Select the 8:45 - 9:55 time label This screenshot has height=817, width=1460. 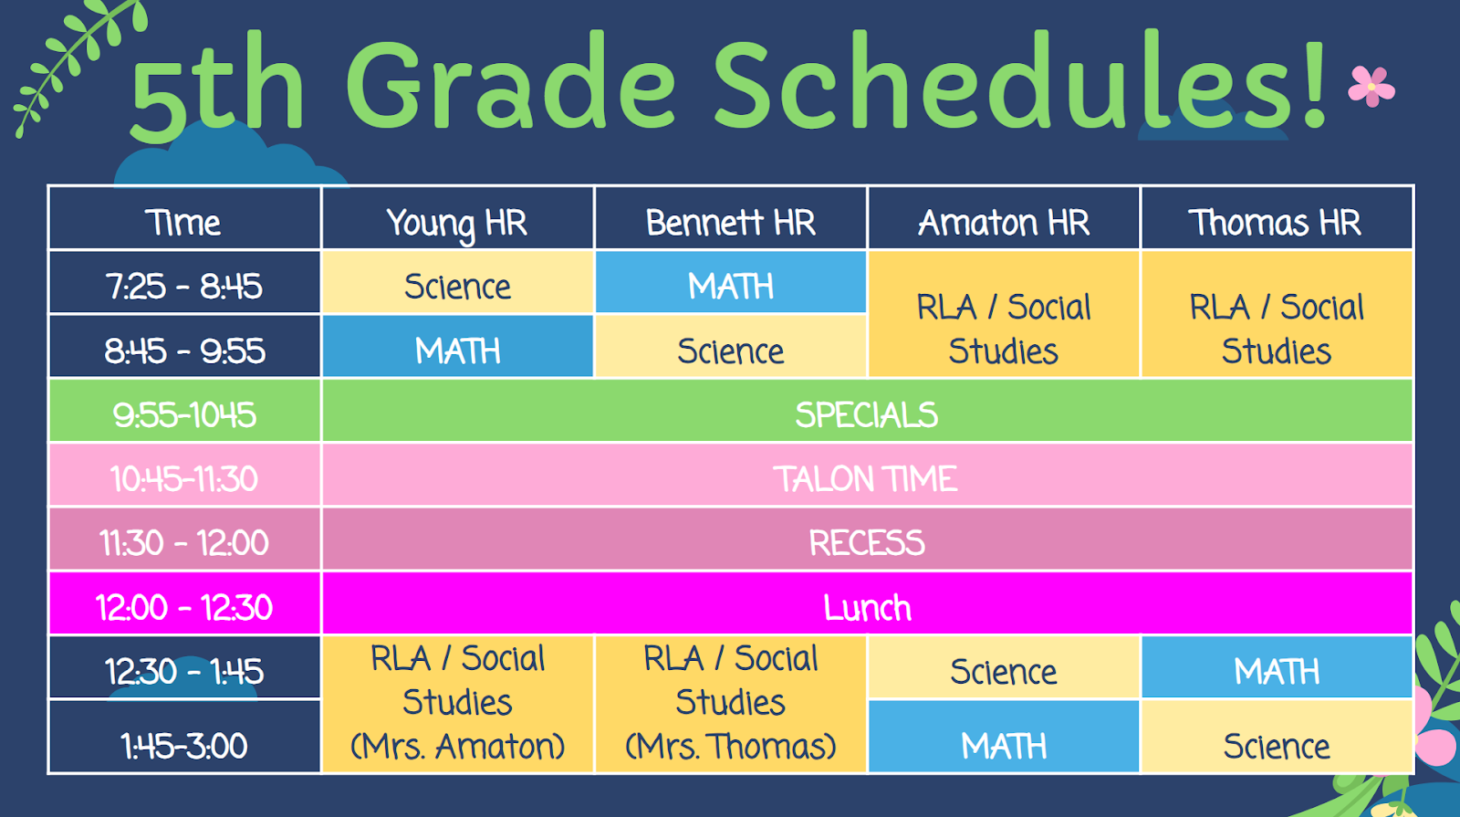184,351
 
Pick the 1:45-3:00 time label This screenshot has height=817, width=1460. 184,746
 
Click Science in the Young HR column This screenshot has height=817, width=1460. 457,287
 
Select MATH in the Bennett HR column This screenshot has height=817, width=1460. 731,287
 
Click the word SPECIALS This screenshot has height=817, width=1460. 867,414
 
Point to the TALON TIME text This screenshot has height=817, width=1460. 866,478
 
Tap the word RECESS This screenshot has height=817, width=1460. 867,542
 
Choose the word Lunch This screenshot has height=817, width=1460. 867,608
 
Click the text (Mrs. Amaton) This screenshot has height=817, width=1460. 457,746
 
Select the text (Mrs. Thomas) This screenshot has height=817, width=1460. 731,746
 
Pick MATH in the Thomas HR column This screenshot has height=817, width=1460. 1277,672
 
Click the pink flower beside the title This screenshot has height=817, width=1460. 1371,86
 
